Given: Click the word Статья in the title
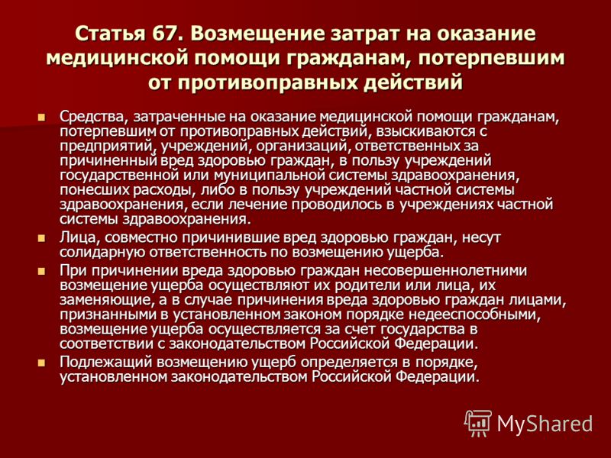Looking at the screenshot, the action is point(107,34).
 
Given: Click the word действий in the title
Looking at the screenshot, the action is point(413,82).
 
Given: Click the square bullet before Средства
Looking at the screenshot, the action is point(41,117).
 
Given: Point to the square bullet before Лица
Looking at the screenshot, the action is point(41,238).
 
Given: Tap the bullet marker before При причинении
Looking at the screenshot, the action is point(41,271).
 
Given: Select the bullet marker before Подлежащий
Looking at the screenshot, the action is point(41,363).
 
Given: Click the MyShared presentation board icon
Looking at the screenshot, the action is point(478,423).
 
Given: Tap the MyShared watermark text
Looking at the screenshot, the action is point(545,424).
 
